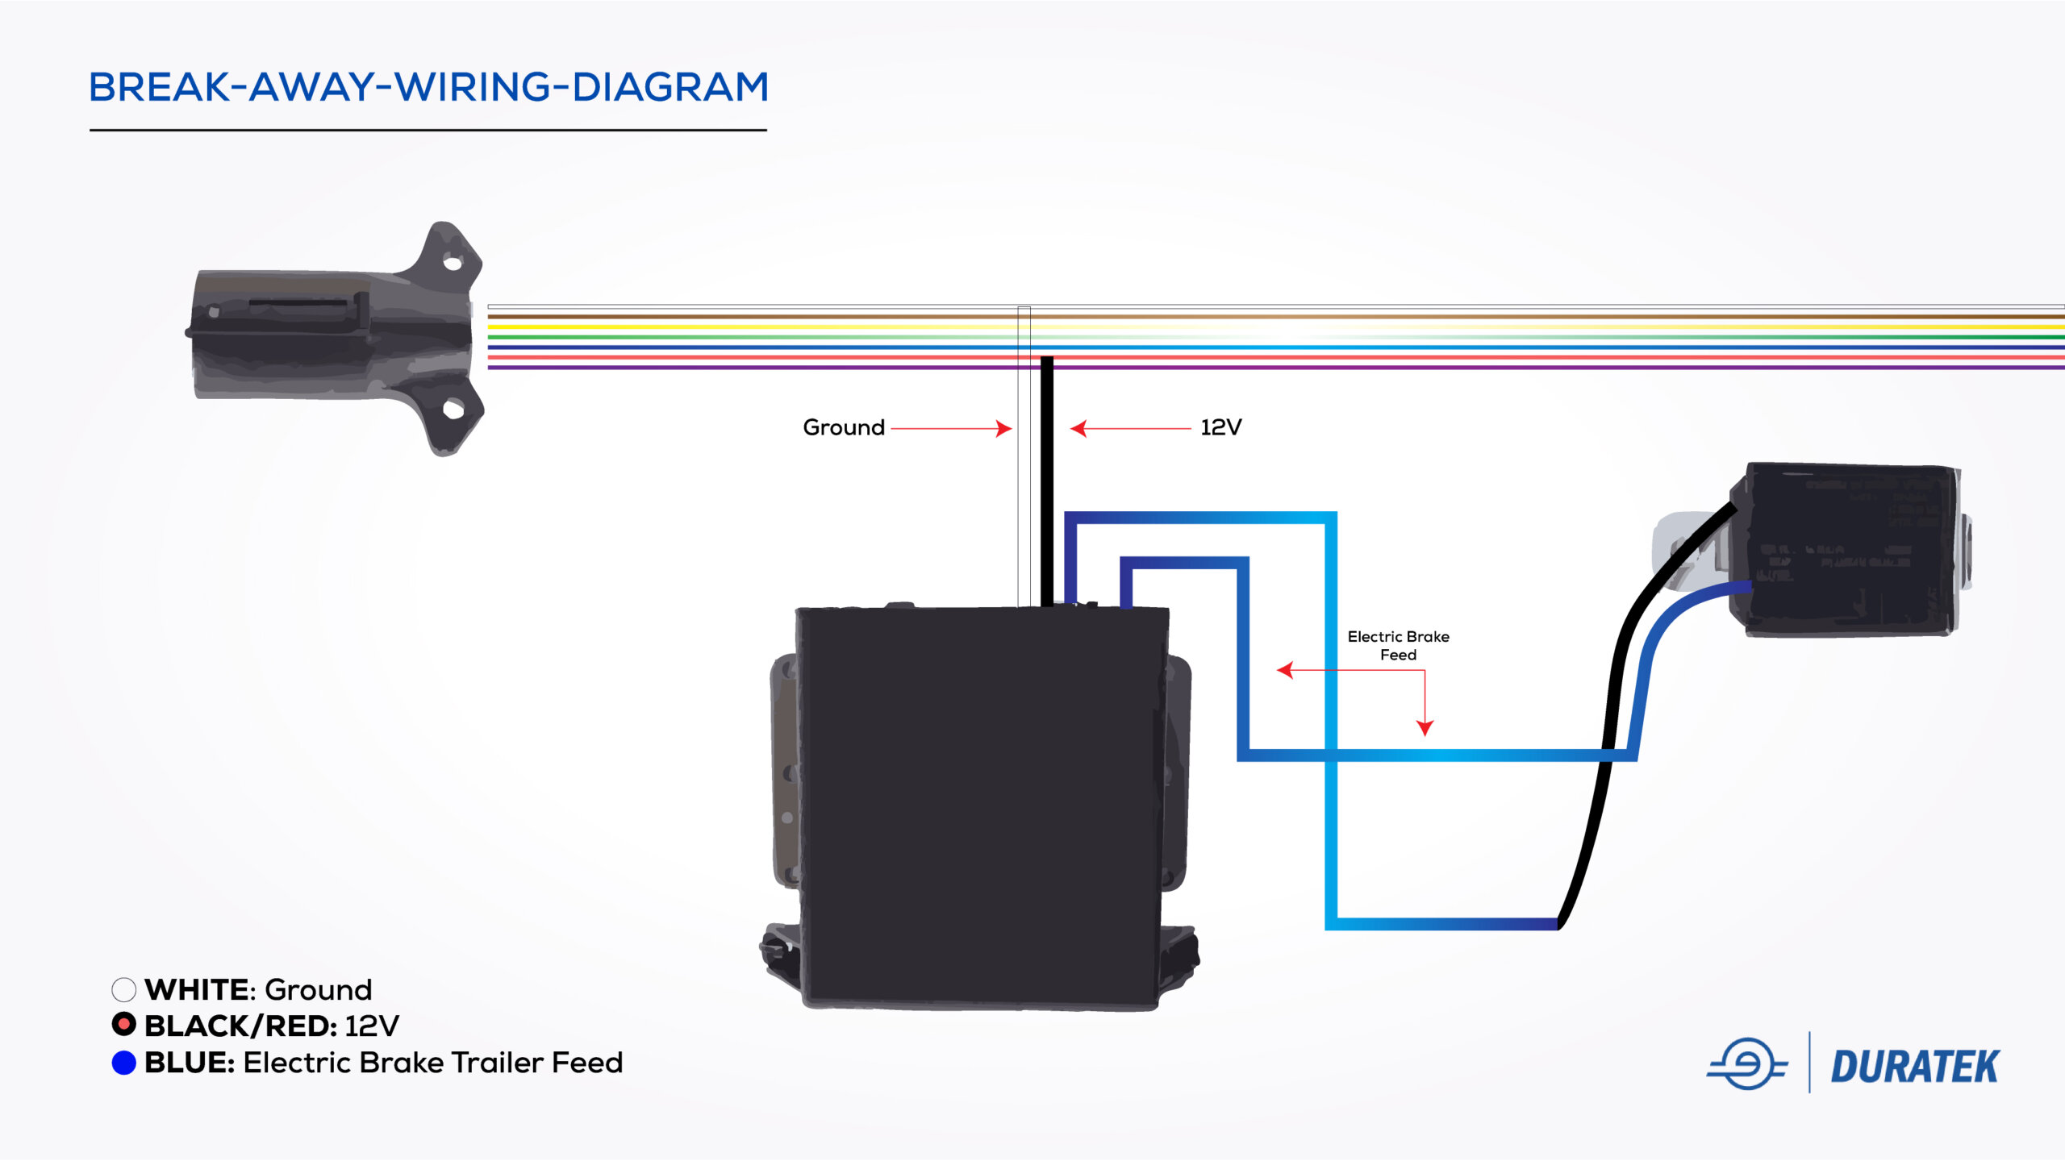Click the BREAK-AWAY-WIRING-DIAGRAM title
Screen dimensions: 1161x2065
pyautogui.click(x=428, y=87)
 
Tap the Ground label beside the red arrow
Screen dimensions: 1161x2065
pyautogui.click(x=844, y=427)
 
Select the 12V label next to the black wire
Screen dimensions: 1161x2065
pyautogui.click(x=1220, y=427)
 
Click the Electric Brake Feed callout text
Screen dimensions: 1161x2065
pyautogui.click(x=1398, y=646)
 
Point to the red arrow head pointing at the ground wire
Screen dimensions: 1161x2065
pyautogui.click(x=1004, y=428)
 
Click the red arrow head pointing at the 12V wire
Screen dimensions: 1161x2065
pyautogui.click(x=1078, y=428)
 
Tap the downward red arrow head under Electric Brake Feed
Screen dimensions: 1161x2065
pyautogui.click(x=1425, y=728)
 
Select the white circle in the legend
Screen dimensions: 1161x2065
pyautogui.click(x=123, y=989)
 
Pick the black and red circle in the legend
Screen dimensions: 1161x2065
pyautogui.click(x=123, y=1025)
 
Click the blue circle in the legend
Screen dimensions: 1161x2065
pyautogui.click(x=123, y=1063)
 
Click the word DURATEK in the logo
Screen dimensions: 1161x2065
pyautogui.click(x=1914, y=1067)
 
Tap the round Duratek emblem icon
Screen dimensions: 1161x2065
pyautogui.click(x=1746, y=1064)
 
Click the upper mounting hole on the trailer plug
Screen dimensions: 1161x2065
pyautogui.click(x=453, y=264)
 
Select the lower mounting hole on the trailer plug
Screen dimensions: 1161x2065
pyautogui.click(x=453, y=410)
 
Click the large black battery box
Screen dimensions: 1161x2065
pyautogui.click(x=981, y=806)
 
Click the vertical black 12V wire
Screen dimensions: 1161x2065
pyautogui.click(x=1047, y=484)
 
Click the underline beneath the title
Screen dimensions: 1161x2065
pyautogui.click(x=428, y=130)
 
